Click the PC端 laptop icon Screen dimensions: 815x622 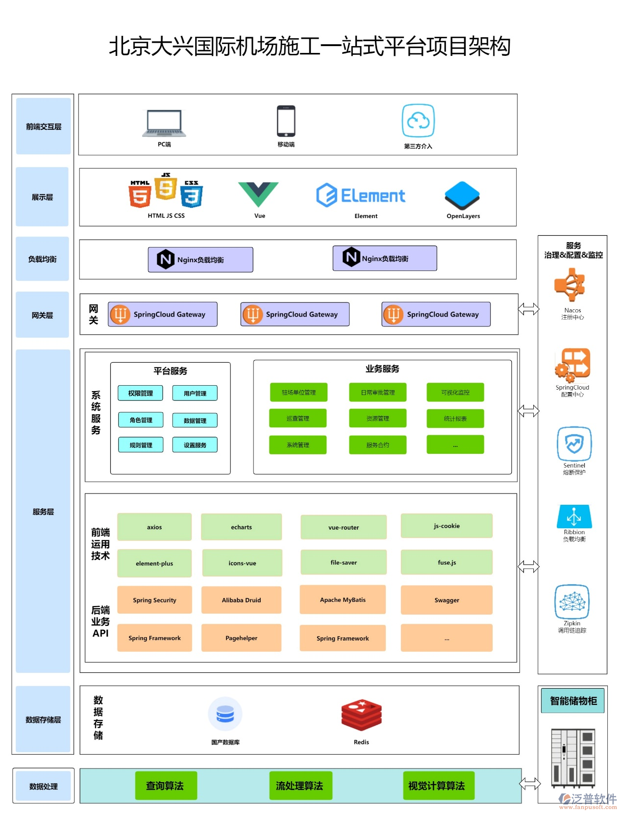(164, 123)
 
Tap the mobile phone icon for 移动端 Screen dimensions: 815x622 (286, 121)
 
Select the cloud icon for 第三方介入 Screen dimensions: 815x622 (418, 121)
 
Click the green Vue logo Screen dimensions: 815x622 (258, 194)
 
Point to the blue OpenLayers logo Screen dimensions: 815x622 (462, 196)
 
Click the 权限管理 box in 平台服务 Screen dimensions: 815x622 (141, 393)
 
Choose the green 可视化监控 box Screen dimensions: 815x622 (455, 392)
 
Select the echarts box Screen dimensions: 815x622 (241, 527)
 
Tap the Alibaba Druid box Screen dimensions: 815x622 (241, 600)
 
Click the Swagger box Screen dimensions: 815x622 (447, 600)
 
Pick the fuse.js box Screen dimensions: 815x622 (447, 562)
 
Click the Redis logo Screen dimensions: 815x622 (361, 715)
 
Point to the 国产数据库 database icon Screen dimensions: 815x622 (225, 714)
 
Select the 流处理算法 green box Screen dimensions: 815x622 (299, 786)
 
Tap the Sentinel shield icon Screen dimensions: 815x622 (574, 444)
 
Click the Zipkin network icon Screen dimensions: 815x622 (572, 601)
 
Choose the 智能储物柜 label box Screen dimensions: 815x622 (573, 701)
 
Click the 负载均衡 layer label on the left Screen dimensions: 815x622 (43, 259)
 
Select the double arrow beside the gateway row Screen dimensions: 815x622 (528, 309)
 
